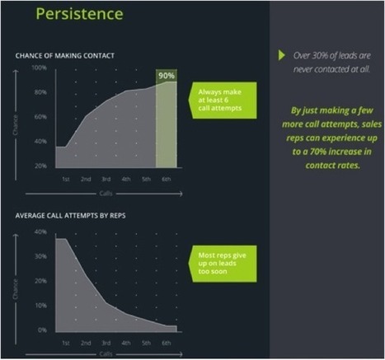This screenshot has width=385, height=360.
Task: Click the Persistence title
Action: pos(79,14)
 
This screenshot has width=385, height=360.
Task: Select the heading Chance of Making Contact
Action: pos(64,56)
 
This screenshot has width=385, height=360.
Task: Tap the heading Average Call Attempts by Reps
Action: pos(70,216)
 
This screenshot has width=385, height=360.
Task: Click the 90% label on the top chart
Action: pos(167,76)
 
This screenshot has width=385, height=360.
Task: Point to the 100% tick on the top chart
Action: pos(39,68)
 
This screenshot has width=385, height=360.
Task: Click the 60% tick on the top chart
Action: pos(40,117)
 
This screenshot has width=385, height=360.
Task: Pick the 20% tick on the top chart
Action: pos(40,166)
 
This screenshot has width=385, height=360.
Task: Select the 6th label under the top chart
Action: pos(167,180)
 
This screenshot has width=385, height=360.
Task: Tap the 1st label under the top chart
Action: pos(66,180)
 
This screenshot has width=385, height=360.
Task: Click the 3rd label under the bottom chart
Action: pos(106,343)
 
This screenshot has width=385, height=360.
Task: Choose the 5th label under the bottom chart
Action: pos(146,343)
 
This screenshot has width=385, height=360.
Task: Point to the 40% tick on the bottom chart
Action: pos(40,231)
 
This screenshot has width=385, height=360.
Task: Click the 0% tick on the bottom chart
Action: pos(42,330)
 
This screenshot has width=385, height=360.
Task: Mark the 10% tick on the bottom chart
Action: pos(40,306)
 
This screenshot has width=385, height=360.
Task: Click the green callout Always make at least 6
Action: pos(223,101)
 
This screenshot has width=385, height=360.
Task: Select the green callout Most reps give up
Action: pos(223,264)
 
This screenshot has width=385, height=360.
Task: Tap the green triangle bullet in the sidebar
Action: pos(281,55)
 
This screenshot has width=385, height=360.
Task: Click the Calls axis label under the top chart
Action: pos(106,194)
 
